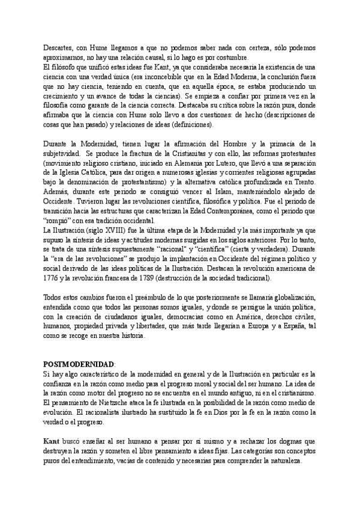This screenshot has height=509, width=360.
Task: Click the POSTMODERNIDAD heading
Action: tap(79, 365)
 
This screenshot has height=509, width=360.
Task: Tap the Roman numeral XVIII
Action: tap(104, 230)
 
